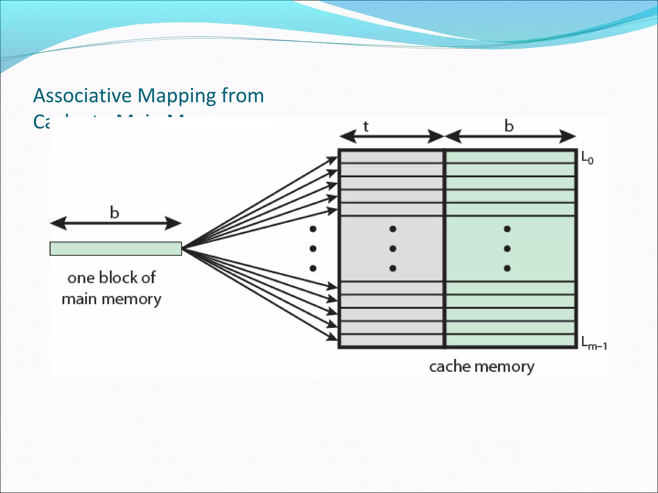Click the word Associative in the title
(x=83, y=96)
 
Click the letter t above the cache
(x=366, y=127)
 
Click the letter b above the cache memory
(x=509, y=126)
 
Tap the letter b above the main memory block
(x=114, y=212)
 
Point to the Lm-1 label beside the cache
(x=594, y=343)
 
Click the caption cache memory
(x=482, y=367)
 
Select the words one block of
(x=111, y=278)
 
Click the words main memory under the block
(x=111, y=299)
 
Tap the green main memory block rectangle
(x=116, y=249)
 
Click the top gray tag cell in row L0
(x=391, y=157)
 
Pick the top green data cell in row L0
(x=510, y=157)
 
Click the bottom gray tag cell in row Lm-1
(x=391, y=340)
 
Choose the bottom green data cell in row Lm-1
(x=510, y=340)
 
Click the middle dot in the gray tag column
(x=393, y=248)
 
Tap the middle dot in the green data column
(x=507, y=248)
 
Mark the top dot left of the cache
(x=313, y=229)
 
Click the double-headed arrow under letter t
(x=392, y=137)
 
